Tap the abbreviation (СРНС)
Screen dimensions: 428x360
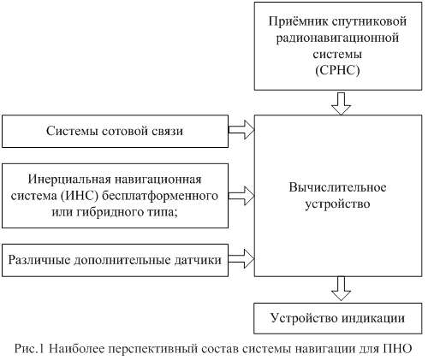pyautogui.click(x=337, y=70)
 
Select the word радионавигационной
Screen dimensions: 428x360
pyautogui.click(x=337, y=38)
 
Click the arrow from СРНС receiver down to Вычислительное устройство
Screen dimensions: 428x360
pyautogui.click(x=341, y=103)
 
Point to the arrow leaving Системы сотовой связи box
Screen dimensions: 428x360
pyautogui.click(x=241, y=130)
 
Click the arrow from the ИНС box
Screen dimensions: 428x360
pyautogui.click(x=241, y=196)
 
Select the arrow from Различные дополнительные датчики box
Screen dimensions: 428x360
pyautogui.click(x=241, y=259)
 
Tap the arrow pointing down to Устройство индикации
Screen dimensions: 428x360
pyautogui.click(x=341, y=288)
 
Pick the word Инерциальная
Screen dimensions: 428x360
pyautogui.click(x=68, y=180)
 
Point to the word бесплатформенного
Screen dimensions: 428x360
pyautogui.click(x=160, y=197)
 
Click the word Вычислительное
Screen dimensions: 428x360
pyautogui.click(x=338, y=188)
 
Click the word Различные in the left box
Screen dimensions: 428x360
pyautogui.click(x=39, y=261)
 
